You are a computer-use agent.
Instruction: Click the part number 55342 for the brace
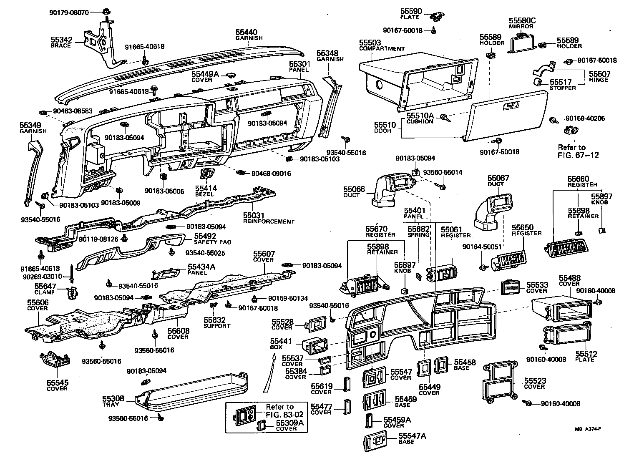pos(62,40)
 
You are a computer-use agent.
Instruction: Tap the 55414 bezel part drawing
pos(207,174)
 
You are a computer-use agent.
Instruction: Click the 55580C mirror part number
pos(522,20)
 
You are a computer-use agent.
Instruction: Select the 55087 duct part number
pos(498,179)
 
